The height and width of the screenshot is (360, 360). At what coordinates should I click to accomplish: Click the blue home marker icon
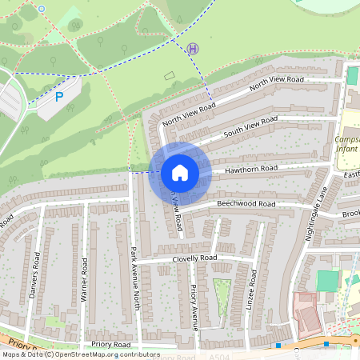[x=179, y=172]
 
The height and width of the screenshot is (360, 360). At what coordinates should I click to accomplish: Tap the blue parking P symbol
[x=59, y=97]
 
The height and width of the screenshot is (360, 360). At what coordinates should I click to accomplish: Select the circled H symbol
[x=192, y=49]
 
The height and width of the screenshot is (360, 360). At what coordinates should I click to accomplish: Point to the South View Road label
[x=250, y=126]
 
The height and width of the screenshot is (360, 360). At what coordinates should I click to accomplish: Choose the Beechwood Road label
[x=246, y=205]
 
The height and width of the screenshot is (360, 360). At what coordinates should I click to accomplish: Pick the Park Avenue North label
[x=135, y=277]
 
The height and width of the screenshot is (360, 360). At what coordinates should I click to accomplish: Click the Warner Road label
[x=83, y=280]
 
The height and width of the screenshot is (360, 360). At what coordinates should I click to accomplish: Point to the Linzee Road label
[x=254, y=288]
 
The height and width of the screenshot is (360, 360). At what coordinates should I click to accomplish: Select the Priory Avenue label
[x=194, y=308]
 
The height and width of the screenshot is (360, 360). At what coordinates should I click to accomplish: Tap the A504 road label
[x=227, y=356]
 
